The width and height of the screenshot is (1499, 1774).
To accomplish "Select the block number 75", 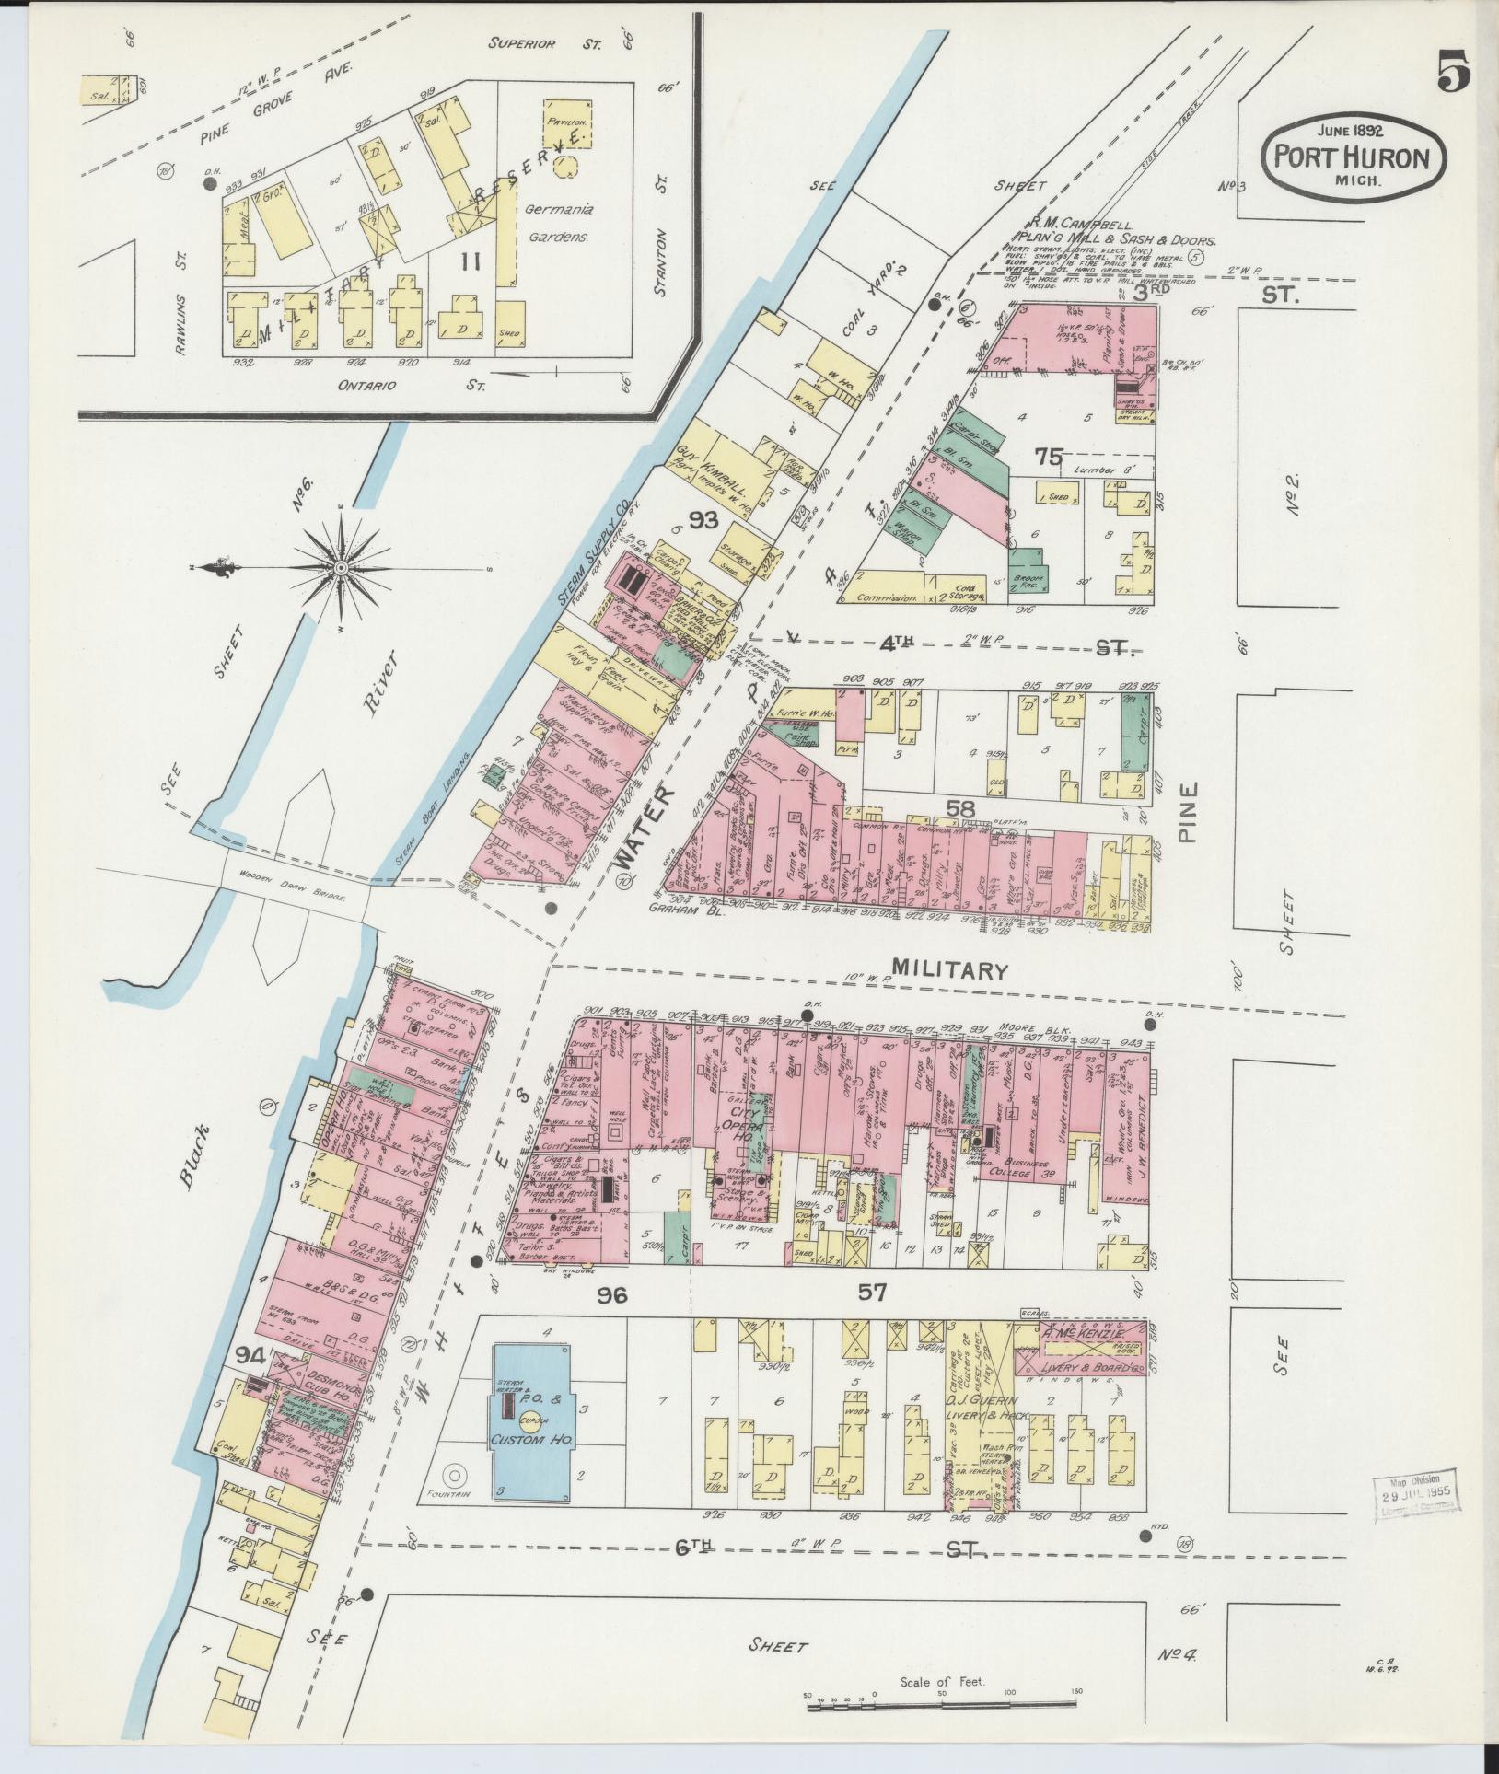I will pos(1048,457).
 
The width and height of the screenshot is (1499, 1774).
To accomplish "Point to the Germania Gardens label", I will pos(559,223).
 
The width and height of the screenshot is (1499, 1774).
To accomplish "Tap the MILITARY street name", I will pos(951,969).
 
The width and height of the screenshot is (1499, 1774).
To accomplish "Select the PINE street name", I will pos(1189,813).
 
